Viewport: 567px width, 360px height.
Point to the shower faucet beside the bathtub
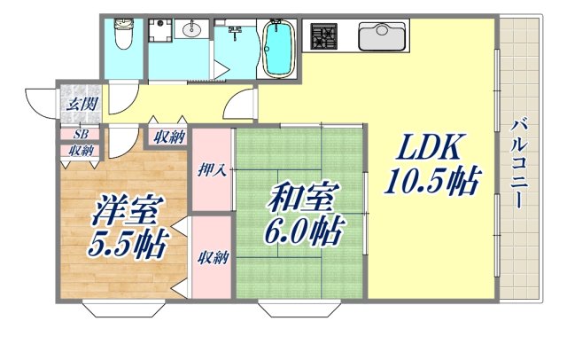[235, 35]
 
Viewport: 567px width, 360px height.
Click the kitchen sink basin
[383, 38]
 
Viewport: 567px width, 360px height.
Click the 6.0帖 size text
[299, 233]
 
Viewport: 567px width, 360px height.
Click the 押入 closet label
[213, 169]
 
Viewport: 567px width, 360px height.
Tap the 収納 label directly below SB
[81, 150]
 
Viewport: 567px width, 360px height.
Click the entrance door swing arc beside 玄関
[40, 101]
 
